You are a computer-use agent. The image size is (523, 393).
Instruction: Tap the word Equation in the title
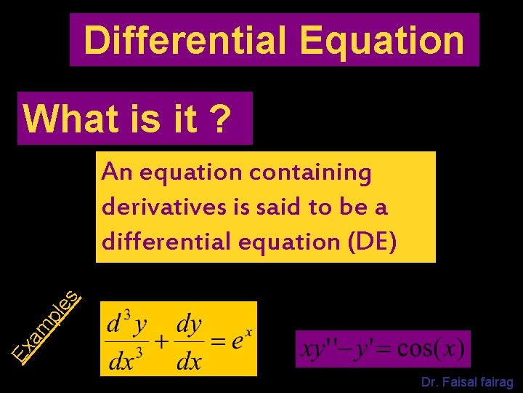point(381,41)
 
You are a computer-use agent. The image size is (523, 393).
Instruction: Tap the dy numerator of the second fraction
point(190,324)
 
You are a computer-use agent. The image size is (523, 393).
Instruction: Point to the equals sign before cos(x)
point(383,350)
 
